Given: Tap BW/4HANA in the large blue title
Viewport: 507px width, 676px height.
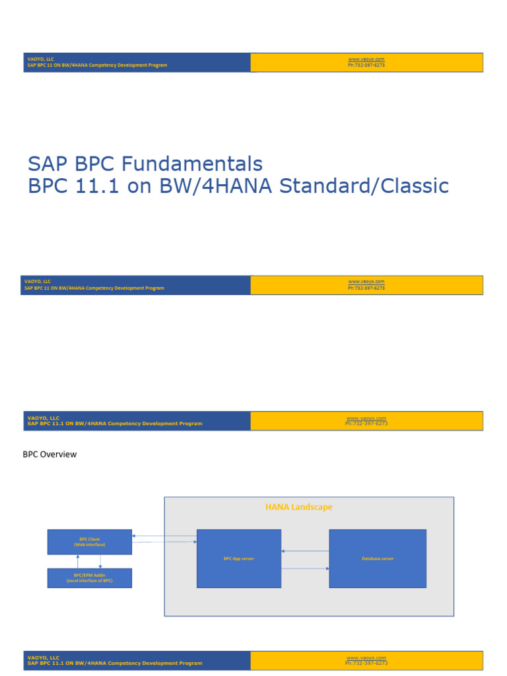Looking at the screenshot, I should coord(215,186).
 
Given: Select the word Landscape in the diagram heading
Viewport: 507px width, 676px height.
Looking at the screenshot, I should coord(311,507).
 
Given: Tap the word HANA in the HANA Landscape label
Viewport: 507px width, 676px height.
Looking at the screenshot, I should coord(277,507).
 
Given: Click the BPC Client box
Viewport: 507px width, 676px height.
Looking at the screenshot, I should coord(89,541).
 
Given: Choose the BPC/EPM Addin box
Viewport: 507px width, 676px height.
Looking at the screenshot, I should coord(89,578).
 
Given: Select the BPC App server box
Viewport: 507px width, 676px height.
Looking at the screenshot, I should coord(239,558).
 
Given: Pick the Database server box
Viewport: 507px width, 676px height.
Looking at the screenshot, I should coord(378,558).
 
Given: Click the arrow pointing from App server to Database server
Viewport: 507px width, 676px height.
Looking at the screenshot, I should coord(305,568).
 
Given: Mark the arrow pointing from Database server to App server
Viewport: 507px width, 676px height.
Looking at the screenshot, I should coord(305,551).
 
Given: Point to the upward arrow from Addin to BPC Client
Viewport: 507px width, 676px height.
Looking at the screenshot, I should coord(78,561).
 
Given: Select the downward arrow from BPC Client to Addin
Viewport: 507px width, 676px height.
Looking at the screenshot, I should coord(100,561).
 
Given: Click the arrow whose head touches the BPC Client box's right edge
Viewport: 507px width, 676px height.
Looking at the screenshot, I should coord(165,536).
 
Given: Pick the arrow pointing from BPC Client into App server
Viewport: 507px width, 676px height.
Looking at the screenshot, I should coord(165,542).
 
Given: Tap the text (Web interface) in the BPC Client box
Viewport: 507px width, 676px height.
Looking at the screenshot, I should coord(89,545).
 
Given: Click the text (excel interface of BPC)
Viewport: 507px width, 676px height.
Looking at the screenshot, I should coord(89,580).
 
